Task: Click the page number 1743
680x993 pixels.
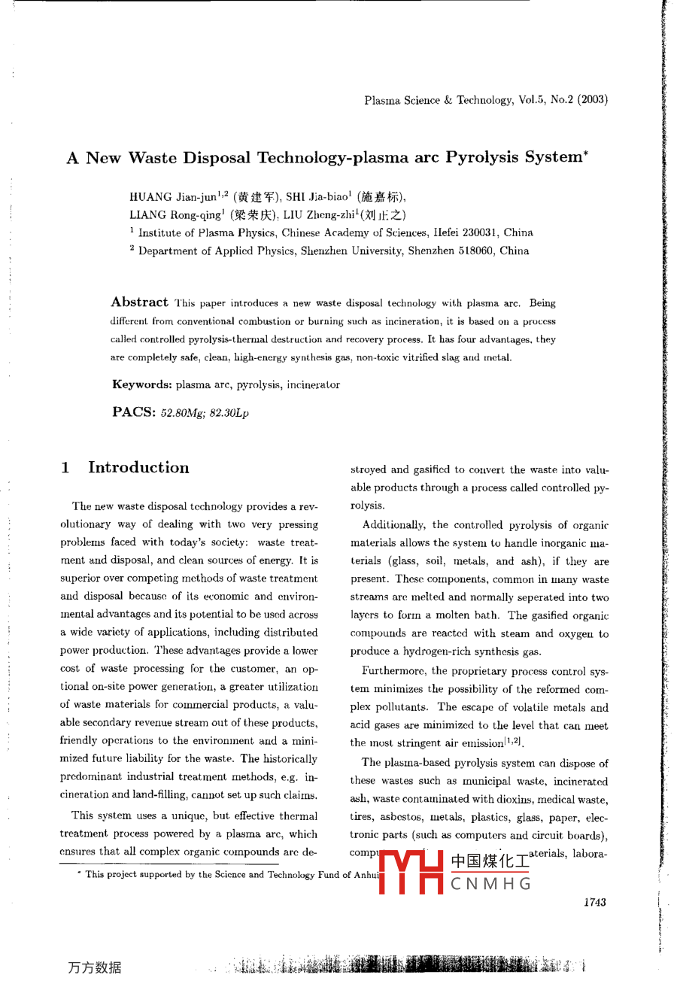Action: click(594, 902)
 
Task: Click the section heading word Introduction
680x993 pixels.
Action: click(138, 467)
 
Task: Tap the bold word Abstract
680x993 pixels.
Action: click(139, 302)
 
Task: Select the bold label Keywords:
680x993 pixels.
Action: click(142, 384)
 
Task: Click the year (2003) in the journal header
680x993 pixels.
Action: click(593, 99)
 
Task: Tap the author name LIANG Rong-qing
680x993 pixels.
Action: click(175, 215)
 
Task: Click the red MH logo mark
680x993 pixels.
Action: click(411, 873)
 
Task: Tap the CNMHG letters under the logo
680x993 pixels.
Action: click(491, 884)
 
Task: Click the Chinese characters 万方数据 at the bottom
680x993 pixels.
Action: click(94, 967)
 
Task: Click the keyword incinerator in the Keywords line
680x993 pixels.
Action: click(310, 385)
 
